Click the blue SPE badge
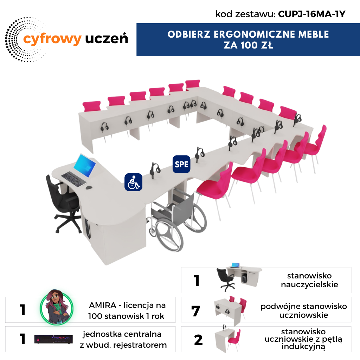[181, 164]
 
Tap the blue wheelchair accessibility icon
[133, 182]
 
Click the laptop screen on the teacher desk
[84, 166]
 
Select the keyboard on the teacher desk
[74, 179]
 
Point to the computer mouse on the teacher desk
[89, 188]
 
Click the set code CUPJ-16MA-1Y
[311, 14]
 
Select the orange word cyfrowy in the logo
[52, 39]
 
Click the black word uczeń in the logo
[107, 38]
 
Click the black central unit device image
[54, 339]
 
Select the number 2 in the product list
[198, 340]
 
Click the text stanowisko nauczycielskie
[309, 280]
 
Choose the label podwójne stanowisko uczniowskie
[303, 311]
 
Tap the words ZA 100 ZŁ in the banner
[248, 45]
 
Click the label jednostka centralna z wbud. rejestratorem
[123, 339]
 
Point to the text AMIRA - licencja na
[127, 306]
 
